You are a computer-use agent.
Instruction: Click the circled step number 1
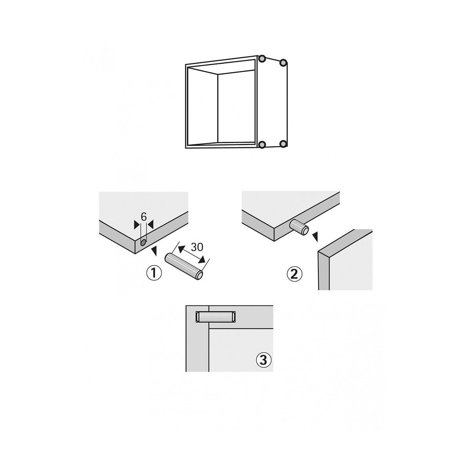click(x=154, y=273)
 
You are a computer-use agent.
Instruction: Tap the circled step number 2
click(x=295, y=275)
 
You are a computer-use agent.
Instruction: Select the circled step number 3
click(x=263, y=360)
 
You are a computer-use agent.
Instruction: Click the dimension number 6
click(x=144, y=217)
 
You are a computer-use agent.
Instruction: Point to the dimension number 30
click(x=197, y=247)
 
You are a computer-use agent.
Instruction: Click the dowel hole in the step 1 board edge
click(x=143, y=242)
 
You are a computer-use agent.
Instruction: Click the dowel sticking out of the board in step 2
click(x=299, y=227)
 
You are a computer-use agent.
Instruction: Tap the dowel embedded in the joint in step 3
click(x=215, y=316)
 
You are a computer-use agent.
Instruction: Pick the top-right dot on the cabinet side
click(x=283, y=63)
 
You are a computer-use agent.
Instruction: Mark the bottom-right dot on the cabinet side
click(x=283, y=144)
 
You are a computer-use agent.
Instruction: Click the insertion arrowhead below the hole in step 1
click(x=154, y=251)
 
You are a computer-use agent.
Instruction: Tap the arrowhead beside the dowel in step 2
click(x=315, y=237)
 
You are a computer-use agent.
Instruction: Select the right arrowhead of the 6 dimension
click(x=151, y=225)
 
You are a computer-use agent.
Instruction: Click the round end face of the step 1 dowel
click(x=200, y=275)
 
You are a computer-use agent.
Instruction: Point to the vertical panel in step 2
click(x=345, y=260)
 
